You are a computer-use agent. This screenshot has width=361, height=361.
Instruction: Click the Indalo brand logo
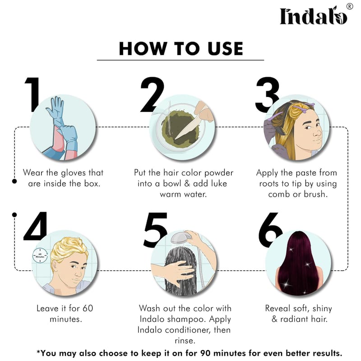point(313,16)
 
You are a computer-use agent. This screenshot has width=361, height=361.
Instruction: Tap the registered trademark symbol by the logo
point(350,6)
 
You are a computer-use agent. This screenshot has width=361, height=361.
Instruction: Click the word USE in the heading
point(225,49)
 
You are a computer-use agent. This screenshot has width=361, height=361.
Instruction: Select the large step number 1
point(32,95)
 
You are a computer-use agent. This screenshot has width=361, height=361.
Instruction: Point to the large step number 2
point(152,95)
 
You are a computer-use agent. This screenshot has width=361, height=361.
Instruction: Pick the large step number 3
point(268,95)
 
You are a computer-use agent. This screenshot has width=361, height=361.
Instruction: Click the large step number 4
point(35,227)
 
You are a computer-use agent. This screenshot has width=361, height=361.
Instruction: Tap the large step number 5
point(155,230)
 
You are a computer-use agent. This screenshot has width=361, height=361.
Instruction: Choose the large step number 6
point(270,230)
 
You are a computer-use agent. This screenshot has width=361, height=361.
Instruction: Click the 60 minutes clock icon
point(40,255)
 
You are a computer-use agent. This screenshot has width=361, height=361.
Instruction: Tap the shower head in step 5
point(181,238)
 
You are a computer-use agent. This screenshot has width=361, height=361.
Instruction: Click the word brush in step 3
point(315,194)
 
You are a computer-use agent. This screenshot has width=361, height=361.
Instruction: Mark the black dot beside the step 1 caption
point(14,181)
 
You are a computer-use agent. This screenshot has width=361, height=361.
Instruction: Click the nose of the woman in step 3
point(318,133)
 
